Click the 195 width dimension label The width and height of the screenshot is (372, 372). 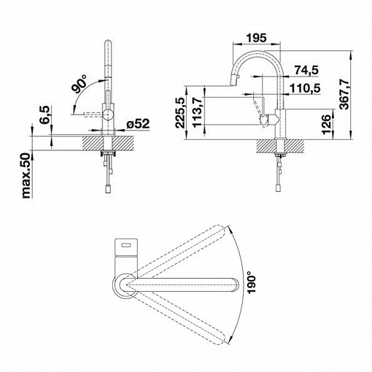(x=256, y=38)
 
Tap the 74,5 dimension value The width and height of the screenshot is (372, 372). (x=306, y=70)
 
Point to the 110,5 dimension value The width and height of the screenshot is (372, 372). (x=306, y=88)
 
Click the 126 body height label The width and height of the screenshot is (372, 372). (x=326, y=124)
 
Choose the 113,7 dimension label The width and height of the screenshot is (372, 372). (x=197, y=112)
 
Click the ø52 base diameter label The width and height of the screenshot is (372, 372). (x=138, y=124)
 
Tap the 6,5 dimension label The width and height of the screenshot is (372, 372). (x=45, y=115)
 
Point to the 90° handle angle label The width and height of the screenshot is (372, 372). (x=80, y=84)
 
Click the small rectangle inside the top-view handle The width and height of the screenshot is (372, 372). (x=126, y=246)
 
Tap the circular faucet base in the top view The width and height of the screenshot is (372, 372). (x=125, y=284)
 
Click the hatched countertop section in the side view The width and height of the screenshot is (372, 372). (x=280, y=147)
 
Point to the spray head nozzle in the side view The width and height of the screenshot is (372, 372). (x=234, y=81)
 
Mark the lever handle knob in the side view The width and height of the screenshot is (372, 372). (x=264, y=120)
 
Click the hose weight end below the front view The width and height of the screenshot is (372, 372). (x=108, y=189)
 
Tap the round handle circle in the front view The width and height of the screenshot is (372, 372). (x=107, y=115)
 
